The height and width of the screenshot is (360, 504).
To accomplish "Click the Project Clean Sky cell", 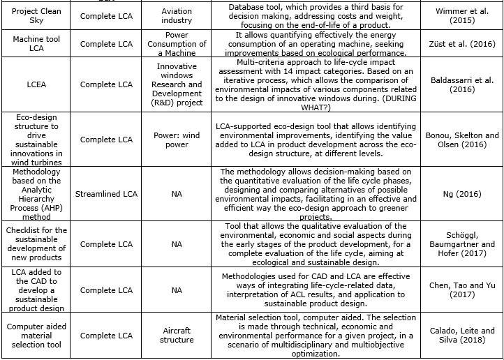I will pos(37,16).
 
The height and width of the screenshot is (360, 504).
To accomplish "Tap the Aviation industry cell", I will pos(177,16).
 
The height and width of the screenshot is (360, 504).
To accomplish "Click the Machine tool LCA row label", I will pos(37,44).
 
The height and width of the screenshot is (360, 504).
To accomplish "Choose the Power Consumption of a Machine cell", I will pos(177,44).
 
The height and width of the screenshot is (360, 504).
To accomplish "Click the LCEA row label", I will pos(37,84).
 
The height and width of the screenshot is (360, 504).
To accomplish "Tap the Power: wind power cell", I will pos(177,140).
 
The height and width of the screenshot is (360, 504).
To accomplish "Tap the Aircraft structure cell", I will pos(177,335).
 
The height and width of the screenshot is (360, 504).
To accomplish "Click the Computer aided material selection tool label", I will pos(37,335).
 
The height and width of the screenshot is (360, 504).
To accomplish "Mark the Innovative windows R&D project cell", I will pos(177,84).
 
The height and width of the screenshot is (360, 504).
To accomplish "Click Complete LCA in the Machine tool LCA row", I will pos(105,44).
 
